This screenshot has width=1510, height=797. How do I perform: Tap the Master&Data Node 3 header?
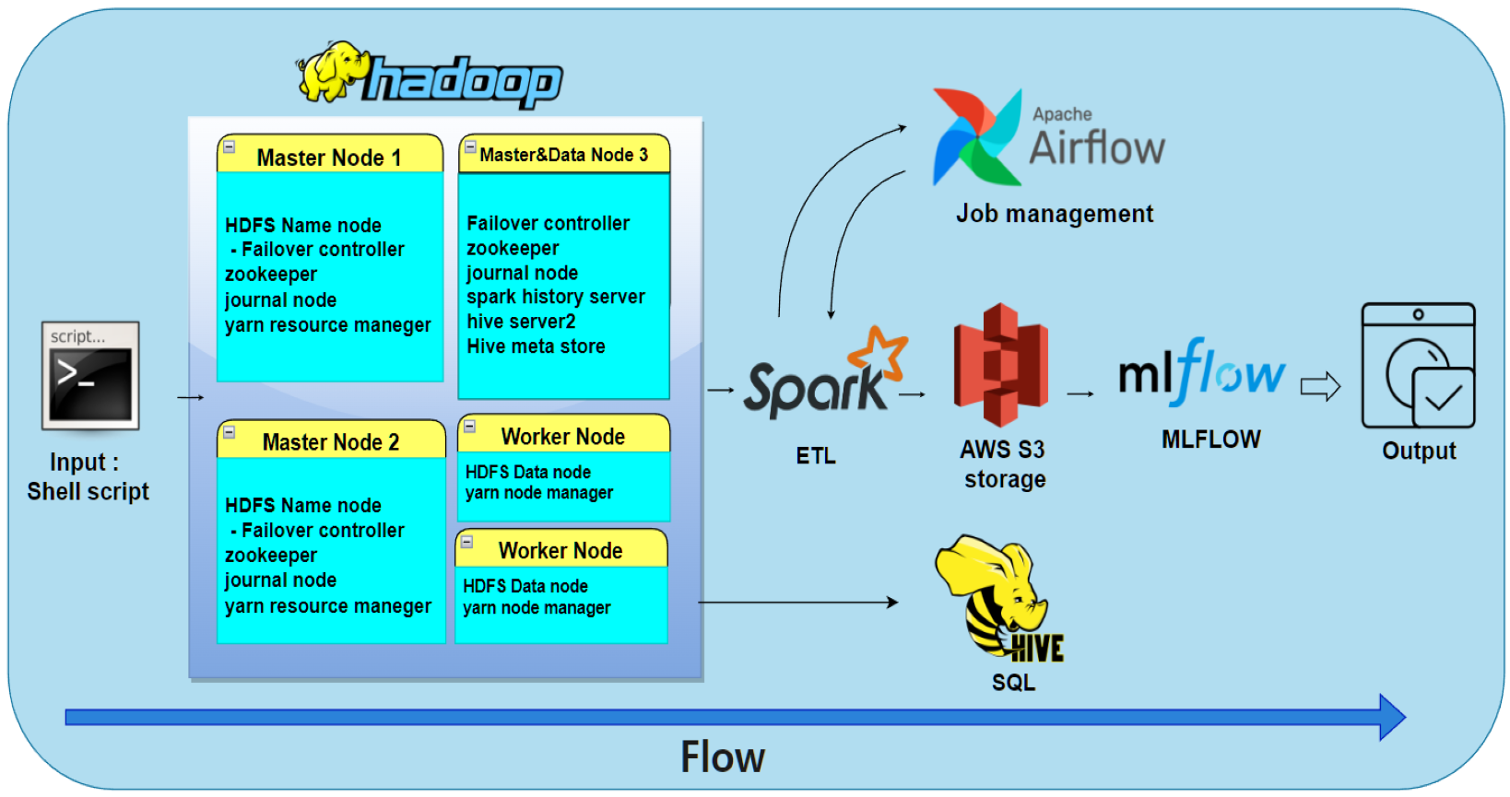563,155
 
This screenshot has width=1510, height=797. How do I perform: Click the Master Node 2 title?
330,441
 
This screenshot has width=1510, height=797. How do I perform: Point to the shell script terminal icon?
90,376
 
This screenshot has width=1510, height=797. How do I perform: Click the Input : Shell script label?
87,476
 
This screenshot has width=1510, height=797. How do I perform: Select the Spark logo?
824,376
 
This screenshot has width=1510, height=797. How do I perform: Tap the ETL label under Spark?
815,455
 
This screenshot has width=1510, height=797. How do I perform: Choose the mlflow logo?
1200,373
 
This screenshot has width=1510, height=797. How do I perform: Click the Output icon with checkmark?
1418,366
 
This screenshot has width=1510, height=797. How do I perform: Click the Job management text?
1054,214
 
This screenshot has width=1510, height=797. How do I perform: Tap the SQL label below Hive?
1012,682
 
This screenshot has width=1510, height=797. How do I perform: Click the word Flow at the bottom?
722,756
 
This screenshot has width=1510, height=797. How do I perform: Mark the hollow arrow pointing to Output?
1319,386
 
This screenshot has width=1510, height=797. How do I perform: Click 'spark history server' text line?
555,297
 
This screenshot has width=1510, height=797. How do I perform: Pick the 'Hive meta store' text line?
536,346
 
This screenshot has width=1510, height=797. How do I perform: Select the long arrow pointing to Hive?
797,603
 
